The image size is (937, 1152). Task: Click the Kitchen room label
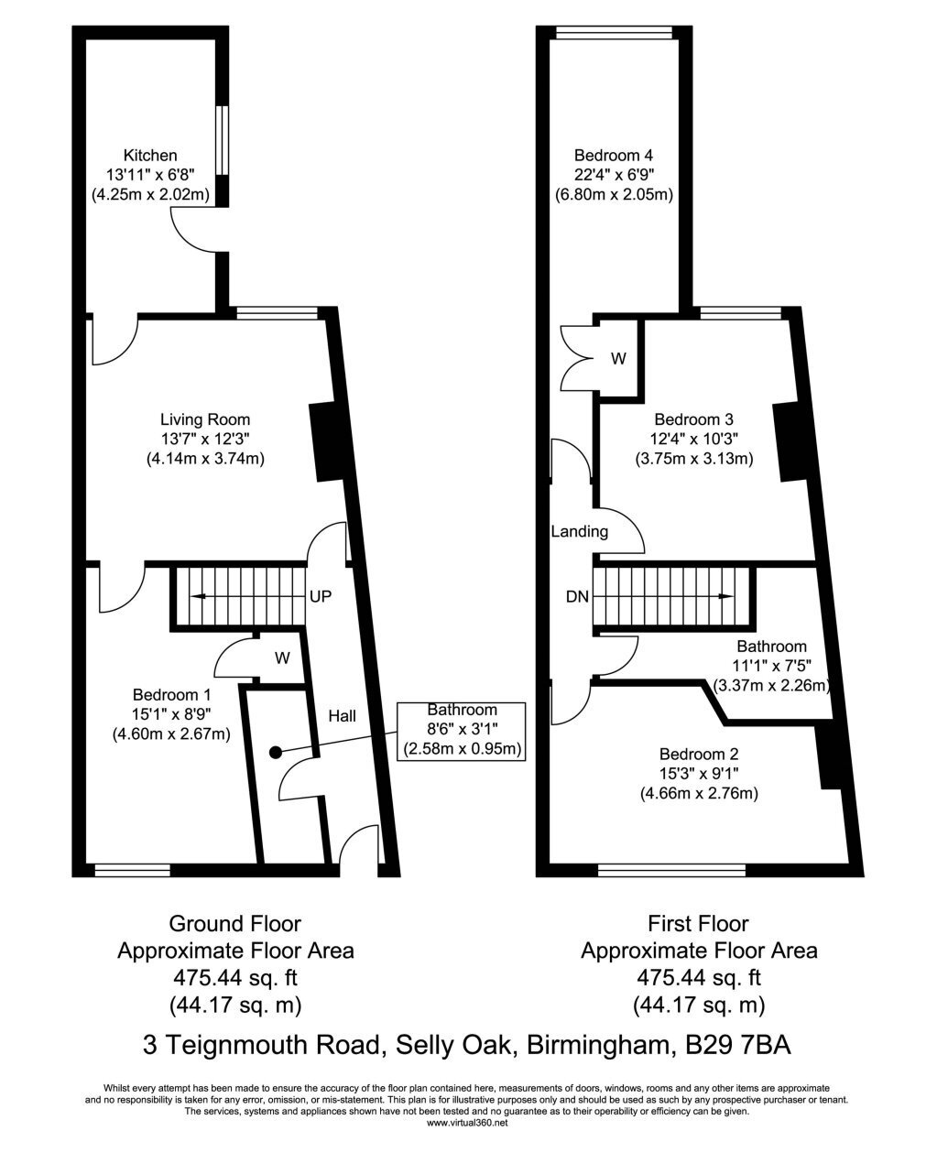tap(150, 156)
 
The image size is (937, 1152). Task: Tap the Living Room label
tap(205, 419)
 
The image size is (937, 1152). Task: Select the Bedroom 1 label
tap(171, 694)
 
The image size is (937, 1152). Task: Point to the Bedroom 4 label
tap(614, 156)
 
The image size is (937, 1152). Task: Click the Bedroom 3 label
tap(694, 419)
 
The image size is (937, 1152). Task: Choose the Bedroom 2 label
tap(699, 754)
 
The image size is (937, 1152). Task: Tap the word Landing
tap(580, 532)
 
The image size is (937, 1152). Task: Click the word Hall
tap(342, 716)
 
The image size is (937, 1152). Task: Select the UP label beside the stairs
tap(321, 596)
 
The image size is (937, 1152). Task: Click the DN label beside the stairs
tap(577, 596)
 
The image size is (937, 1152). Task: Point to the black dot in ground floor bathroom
tap(276, 753)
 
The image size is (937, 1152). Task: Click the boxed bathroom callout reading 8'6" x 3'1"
tap(462, 732)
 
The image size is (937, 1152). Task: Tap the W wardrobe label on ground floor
tap(282, 658)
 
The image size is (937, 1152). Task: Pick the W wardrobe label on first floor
tap(618, 358)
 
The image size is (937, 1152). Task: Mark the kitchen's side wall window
tap(222, 140)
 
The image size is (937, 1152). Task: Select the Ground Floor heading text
tap(234, 924)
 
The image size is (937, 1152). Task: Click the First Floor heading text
tap(699, 924)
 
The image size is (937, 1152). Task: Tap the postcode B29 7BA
tap(738, 1045)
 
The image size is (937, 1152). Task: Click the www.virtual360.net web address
tap(468, 1123)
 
